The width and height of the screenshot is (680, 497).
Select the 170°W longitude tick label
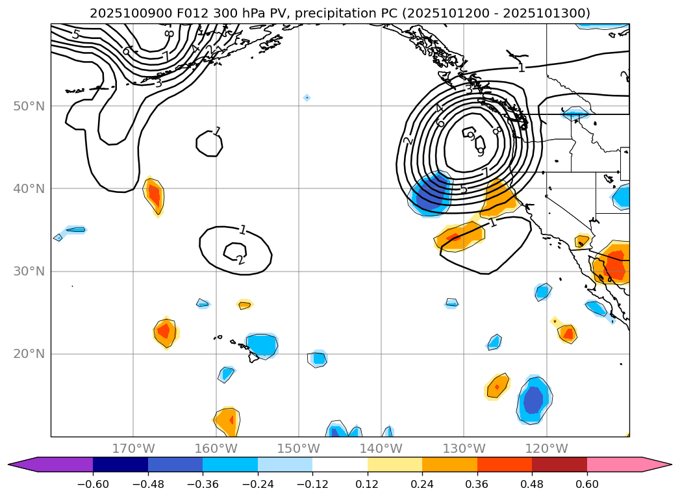click(133, 448)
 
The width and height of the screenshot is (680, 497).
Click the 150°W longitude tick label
click(298, 448)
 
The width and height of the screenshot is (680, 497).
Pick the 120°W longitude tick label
click(546, 448)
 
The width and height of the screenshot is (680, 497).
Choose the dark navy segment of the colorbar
click(120, 465)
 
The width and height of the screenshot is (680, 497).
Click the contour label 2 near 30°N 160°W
click(240, 260)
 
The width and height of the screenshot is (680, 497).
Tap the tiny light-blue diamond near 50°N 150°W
click(307, 98)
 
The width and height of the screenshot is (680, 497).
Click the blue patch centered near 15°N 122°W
click(533, 400)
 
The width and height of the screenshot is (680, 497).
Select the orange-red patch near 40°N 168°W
click(154, 195)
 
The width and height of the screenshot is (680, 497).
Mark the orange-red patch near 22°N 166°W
click(164, 331)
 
